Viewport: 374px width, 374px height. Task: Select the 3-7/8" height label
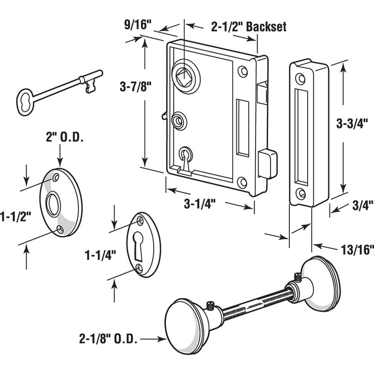coord(129,87)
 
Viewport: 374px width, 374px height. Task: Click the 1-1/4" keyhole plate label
coord(100,255)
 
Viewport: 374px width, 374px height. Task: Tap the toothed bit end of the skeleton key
coord(90,85)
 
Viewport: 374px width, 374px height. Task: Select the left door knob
coord(185,327)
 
